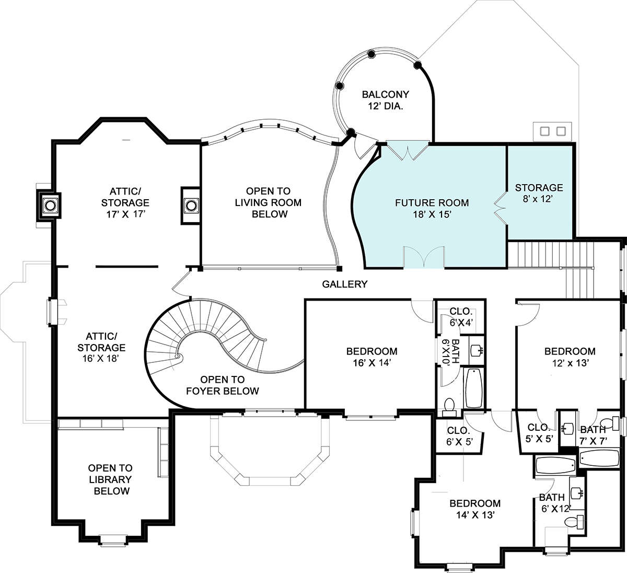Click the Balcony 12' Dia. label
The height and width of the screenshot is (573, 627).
[x=385, y=100]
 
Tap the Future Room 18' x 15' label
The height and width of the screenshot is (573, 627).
[x=432, y=208]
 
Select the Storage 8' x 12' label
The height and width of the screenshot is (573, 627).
[x=539, y=193]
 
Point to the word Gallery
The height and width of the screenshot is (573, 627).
[x=345, y=284]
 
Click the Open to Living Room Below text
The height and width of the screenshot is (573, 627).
[x=268, y=202]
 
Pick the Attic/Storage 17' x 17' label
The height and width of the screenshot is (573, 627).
[x=125, y=202]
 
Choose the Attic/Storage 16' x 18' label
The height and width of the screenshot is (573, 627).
[x=101, y=347]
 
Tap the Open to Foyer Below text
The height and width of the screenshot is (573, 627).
[x=222, y=385]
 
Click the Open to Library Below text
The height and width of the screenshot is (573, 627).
[x=110, y=479]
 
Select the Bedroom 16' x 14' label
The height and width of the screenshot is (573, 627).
[x=371, y=357]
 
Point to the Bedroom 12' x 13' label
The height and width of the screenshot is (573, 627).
[x=570, y=357]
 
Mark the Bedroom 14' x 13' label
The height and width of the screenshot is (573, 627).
[x=475, y=509]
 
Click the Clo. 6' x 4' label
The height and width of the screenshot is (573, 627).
[x=461, y=316]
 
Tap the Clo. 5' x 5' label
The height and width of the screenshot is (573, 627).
[x=539, y=433]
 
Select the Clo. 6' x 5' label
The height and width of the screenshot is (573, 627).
[x=459, y=436]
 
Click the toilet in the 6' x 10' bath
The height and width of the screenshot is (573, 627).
[x=449, y=407]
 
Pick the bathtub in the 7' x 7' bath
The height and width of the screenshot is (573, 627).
[x=599, y=458]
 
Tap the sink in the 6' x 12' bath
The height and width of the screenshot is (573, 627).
[x=577, y=493]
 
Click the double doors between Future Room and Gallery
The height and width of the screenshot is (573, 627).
[x=424, y=257]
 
